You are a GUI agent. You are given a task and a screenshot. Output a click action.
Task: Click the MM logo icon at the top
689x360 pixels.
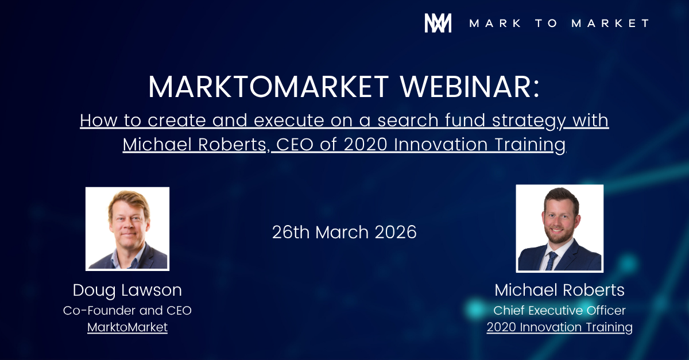(x=438, y=23)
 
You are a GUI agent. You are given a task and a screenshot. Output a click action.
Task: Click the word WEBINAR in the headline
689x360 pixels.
(x=470, y=87)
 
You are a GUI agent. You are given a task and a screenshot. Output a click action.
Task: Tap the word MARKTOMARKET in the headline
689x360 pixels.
(x=269, y=87)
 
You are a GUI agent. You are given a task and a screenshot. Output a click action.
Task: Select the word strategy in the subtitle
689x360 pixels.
(x=529, y=121)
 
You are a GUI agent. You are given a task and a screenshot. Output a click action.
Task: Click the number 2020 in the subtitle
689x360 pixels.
(x=365, y=144)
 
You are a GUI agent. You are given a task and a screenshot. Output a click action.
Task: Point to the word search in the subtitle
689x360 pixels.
(x=408, y=120)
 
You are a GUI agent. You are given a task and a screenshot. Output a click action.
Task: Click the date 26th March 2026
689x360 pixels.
(x=344, y=232)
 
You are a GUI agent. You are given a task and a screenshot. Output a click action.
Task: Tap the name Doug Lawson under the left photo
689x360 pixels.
(x=127, y=291)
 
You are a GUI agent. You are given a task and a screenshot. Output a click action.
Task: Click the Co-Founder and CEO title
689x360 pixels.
(x=127, y=311)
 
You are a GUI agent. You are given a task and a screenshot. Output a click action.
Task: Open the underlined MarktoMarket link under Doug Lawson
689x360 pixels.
(x=127, y=327)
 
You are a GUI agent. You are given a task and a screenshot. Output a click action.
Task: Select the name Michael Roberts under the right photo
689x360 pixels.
(x=559, y=290)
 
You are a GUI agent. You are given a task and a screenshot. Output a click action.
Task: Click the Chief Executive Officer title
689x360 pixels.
(x=559, y=311)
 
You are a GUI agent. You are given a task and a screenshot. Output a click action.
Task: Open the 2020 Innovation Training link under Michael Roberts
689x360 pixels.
(x=559, y=327)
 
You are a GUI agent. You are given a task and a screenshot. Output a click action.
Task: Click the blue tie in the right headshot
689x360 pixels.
(x=551, y=261)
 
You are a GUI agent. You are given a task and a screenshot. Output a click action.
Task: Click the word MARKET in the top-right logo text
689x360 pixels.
(x=610, y=23)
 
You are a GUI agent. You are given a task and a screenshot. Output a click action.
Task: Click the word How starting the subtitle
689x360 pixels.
(x=99, y=120)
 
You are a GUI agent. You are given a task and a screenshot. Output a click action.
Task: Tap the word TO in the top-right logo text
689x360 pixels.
(x=547, y=23)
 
